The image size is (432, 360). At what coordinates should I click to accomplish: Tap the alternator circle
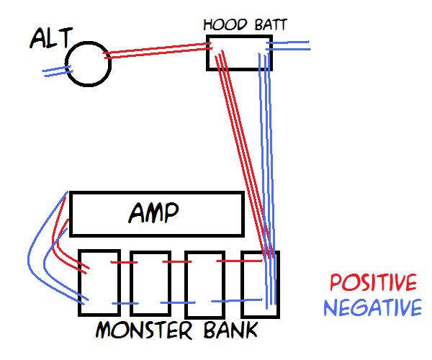89,63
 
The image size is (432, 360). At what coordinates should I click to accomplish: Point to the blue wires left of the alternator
56,71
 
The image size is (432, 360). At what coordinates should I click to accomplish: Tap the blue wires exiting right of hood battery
288,45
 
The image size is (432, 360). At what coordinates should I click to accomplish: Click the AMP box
156,214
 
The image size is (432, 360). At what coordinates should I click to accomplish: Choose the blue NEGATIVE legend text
372,308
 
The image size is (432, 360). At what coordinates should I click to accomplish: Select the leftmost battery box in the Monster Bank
98,283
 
